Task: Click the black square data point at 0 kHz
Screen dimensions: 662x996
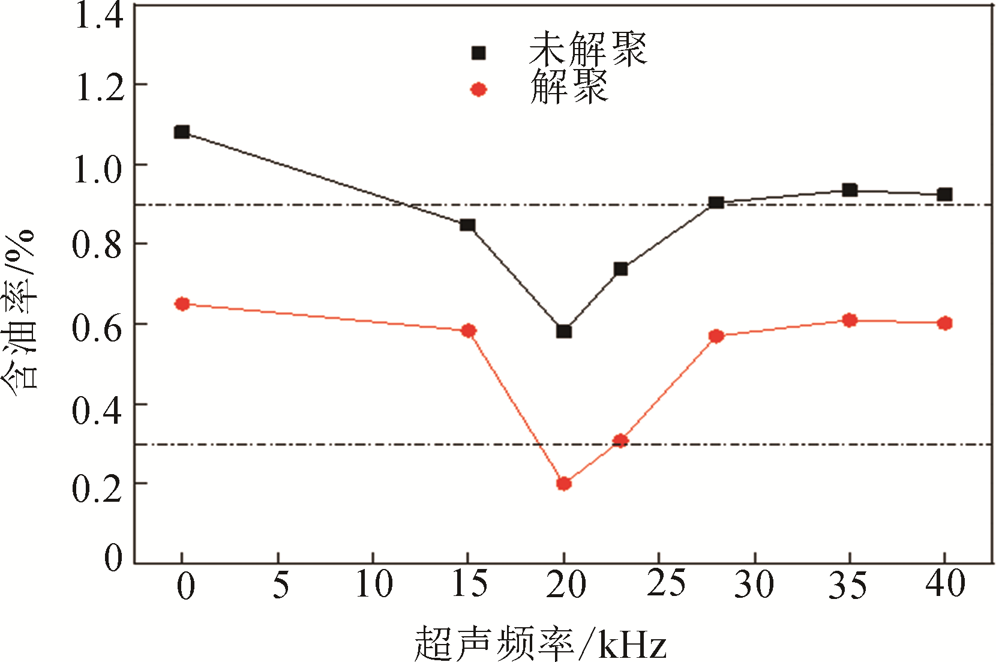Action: pyautogui.click(x=182, y=132)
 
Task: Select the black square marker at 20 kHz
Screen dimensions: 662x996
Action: pyautogui.click(x=563, y=331)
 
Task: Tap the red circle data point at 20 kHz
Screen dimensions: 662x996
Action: pyautogui.click(x=563, y=483)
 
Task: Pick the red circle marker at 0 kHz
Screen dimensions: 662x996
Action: pyautogui.click(x=182, y=304)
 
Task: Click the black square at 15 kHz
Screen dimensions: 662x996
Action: pyautogui.click(x=467, y=225)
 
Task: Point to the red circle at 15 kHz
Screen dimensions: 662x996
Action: pyautogui.click(x=469, y=331)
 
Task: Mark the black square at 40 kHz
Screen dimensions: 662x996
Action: pyautogui.click(x=944, y=194)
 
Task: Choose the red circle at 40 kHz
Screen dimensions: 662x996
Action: pyautogui.click(x=944, y=323)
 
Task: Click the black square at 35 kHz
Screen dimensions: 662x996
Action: pyautogui.click(x=849, y=190)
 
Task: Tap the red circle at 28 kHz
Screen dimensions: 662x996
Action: pyautogui.click(x=716, y=336)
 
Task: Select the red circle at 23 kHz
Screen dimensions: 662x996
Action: pyautogui.click(x=620, y=441)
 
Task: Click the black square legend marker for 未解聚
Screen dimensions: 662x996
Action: pyautogui.click(x=478, y=53)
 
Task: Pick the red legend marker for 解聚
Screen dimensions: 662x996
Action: pyautogui.click(x=478, y=90)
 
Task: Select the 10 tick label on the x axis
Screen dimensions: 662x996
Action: pyautogui.click(x=374, y=584)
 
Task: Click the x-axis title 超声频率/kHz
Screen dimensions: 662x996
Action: pyautogui.click(x=540, y=644)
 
